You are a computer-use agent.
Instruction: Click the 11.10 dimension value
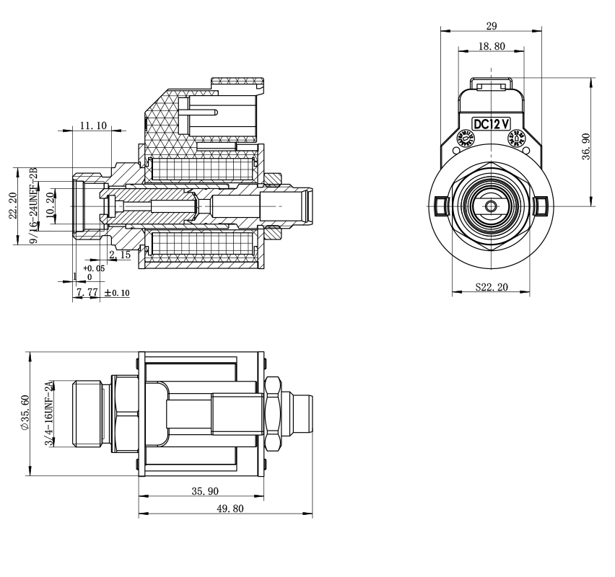click(x=93, y=125)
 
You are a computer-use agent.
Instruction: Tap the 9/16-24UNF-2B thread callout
click(x=33, y=205)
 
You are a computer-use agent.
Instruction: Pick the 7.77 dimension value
click(x=87, y=292)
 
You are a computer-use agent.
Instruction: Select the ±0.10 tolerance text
click(x=116, y=293)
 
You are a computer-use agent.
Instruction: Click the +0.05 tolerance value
click(x=94, y=268)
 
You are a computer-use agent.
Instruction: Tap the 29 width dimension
click(x=491, y=26)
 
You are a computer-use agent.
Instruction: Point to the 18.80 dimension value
click(x=491, y=46)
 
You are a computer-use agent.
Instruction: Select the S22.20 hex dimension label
click(x=492, y=287)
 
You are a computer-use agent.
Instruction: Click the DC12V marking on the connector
click(x=492, y=123)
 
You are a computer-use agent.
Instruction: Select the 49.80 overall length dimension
click(x=226, y=509)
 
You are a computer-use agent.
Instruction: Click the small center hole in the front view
click(x=492, y=206)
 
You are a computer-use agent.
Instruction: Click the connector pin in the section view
click(x=202, y=113)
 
